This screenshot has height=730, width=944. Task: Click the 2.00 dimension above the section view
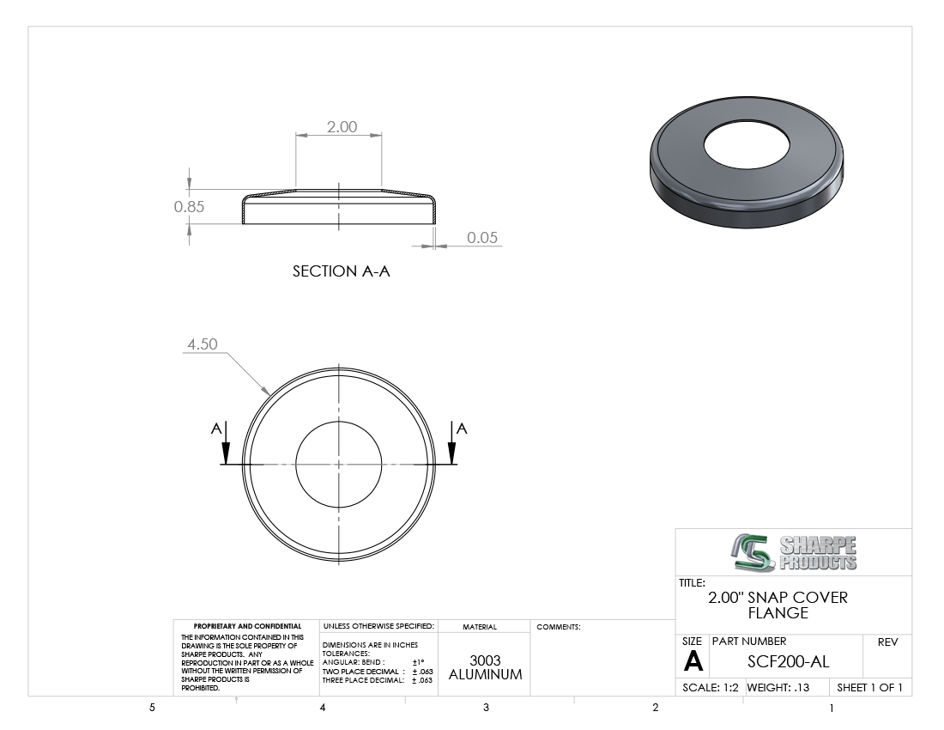342,126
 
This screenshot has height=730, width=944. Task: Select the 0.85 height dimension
189,207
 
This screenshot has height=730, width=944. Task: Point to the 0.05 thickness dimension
482,237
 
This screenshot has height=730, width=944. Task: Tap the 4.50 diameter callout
203,344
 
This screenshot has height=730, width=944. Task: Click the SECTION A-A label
342,271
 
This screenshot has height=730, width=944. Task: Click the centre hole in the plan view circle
338,465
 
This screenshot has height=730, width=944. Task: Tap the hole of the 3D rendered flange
746,145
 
